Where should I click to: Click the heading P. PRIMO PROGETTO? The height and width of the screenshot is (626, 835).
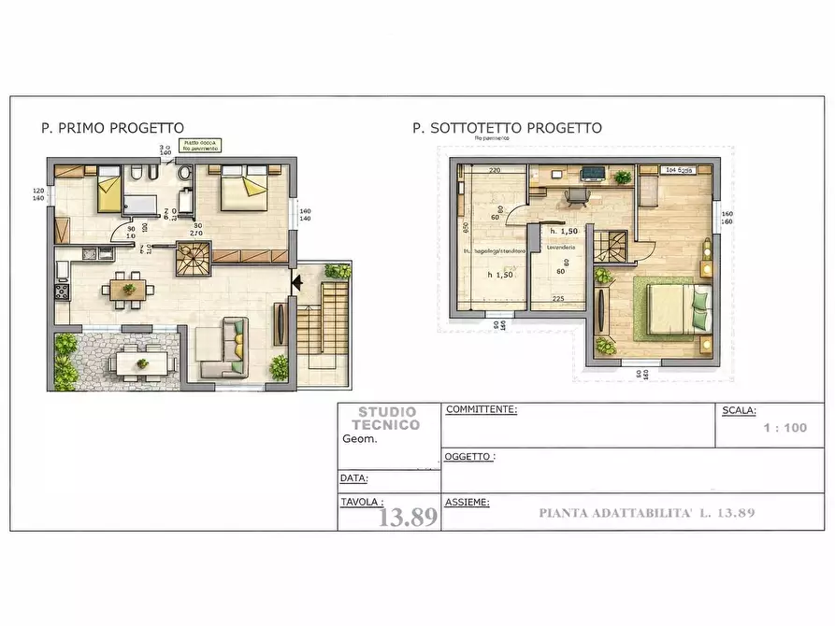click(112, 128)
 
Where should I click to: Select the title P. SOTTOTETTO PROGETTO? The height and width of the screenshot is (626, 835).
click(507, 128)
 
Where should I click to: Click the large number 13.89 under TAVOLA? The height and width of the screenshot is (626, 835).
click(408, 517)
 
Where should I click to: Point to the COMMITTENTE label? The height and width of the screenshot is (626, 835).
click(482, 409)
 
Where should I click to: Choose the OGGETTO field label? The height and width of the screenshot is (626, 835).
click(469, 457)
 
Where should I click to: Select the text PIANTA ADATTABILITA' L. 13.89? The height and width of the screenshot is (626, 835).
click(646, 512)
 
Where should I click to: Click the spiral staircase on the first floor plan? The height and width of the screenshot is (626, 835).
click(194, 259)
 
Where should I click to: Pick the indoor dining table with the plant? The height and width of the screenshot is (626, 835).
click(128, 289)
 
